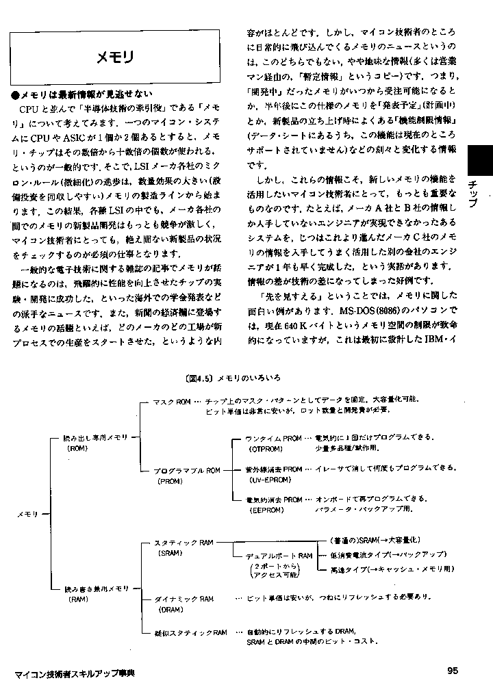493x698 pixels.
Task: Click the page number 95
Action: coord(452,670)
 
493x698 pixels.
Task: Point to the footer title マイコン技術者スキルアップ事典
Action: coord(74,673)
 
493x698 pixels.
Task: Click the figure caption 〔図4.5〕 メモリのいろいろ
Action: coord(233,378)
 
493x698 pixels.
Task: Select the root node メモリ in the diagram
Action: coord(27,513)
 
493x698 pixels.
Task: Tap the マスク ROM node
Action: coord(171,402)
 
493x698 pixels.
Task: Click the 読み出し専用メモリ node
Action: coord(96,437)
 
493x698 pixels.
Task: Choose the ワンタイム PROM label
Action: coord(274,437)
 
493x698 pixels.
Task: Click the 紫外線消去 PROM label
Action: coord(274,470)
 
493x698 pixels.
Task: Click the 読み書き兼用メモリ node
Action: coord(96,589)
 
